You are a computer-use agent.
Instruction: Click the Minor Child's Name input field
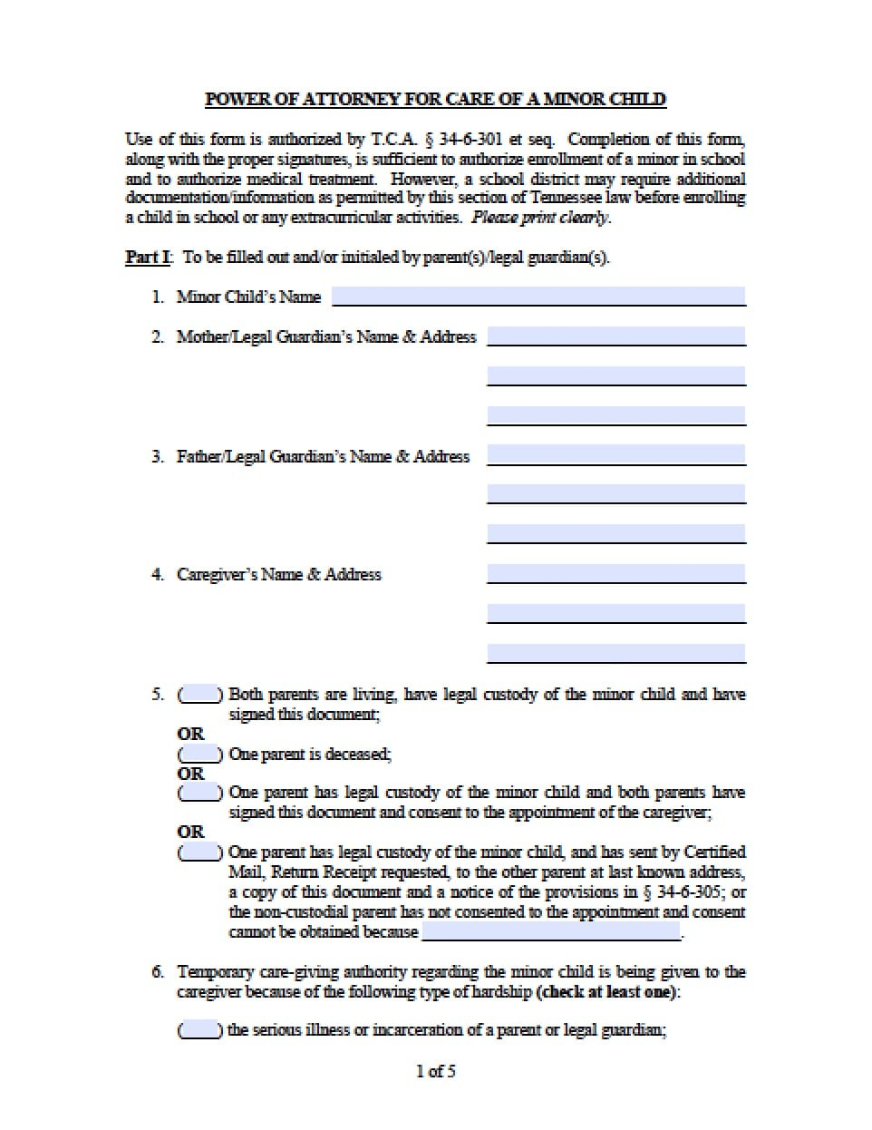(x=538, y=297)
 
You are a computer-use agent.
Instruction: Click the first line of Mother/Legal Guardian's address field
(x=616, y=336)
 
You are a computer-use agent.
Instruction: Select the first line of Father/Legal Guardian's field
(x=616, y=455)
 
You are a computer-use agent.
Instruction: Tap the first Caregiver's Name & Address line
(x=616, y=574)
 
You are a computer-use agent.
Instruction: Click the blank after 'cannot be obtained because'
(x=550, y=932)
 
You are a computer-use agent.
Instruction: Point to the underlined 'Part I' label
(x=147, y=258)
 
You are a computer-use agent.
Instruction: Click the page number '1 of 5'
(x=436, y=1072)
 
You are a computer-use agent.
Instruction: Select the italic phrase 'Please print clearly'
(x=541, y=218)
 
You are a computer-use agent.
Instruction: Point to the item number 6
(x=158, y=972)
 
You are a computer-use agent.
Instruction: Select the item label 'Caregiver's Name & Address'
(x=279, y=574)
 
